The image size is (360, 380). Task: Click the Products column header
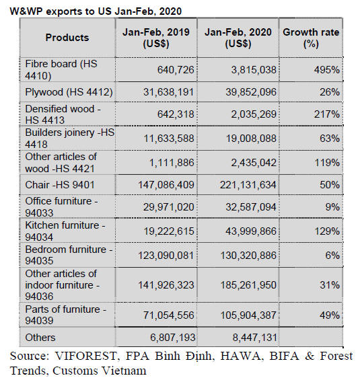pos(67,38)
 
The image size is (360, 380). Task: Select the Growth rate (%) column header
pos(311,38)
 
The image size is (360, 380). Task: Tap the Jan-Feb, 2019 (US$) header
pos(156,38)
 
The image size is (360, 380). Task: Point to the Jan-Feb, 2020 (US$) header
pos(238,38)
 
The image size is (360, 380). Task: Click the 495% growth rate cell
pos(327,70)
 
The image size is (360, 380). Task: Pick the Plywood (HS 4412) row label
pos(69,92)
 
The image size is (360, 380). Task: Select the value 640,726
pos(176,70)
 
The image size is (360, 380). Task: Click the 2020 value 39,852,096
pos(251,92)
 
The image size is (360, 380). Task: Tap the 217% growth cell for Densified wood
pos(327,114)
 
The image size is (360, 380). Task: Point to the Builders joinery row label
pos(69,139)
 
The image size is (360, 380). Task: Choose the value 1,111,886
pos(172,163)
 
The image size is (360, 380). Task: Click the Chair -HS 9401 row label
pos(60,185)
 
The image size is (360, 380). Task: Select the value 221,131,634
pos(248,185)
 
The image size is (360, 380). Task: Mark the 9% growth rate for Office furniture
pos(332,207)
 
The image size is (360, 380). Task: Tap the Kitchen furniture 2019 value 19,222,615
pos(169,231)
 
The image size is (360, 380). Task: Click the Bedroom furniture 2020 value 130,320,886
pos(248,256)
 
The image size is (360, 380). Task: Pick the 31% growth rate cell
pos(330,285)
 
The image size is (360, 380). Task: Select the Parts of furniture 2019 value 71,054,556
pos(169,315)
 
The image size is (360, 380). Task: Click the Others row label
pos(40,338)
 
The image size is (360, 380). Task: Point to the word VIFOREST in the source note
pos(86,356)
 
